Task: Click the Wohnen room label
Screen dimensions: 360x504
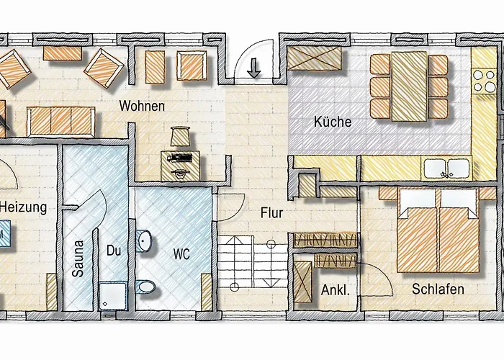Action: point(143,107)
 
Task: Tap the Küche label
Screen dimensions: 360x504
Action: point(333,122)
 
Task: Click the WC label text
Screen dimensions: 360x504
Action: point(181,253)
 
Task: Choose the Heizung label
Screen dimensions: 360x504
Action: point(23,207)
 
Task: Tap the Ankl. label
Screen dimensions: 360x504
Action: point(334,292)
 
